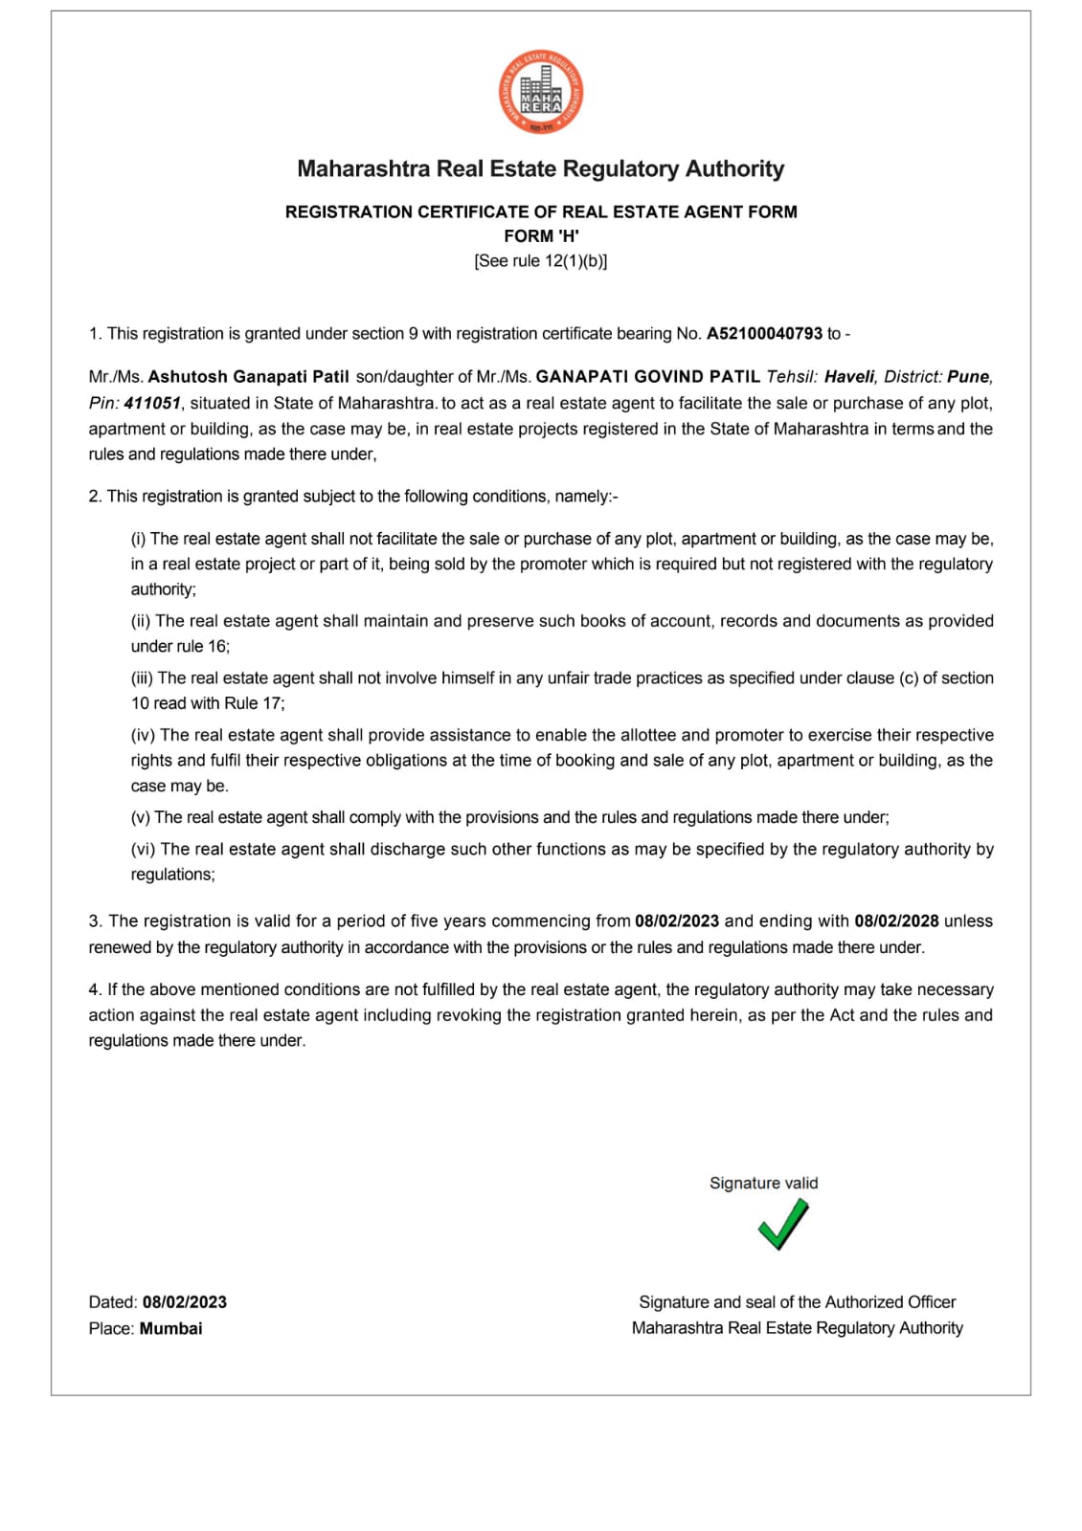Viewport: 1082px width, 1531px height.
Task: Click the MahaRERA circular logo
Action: point(541,93)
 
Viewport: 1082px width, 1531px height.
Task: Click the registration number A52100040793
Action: point(764,334)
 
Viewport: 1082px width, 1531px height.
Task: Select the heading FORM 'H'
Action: point(541,235)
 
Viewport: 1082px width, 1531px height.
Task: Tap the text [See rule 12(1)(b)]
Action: point(541,260)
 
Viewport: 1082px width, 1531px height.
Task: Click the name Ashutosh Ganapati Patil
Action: point(248,377)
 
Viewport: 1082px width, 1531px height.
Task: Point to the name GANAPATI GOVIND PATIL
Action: point(648,377)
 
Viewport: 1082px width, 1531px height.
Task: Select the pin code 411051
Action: point(152,403)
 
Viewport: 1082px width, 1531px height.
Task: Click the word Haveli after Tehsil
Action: point(849,377)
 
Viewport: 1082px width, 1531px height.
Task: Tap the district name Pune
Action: point(969,377)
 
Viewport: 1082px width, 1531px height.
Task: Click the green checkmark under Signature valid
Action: point(782,1224)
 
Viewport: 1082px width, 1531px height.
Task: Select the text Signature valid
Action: point(764,1183)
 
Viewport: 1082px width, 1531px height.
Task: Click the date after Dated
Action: point(185,1302)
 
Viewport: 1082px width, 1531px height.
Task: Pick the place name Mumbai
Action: point(170,1328)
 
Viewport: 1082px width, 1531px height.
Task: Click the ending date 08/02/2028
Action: point(896,921)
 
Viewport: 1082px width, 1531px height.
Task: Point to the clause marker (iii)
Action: point(142,678)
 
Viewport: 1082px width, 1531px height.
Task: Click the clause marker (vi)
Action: point(144,850)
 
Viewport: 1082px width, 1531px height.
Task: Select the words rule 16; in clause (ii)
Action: point(203,646)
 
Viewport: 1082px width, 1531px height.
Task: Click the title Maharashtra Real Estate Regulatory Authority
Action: point(541,169)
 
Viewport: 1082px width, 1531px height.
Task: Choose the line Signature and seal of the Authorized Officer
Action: point(797,1302)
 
